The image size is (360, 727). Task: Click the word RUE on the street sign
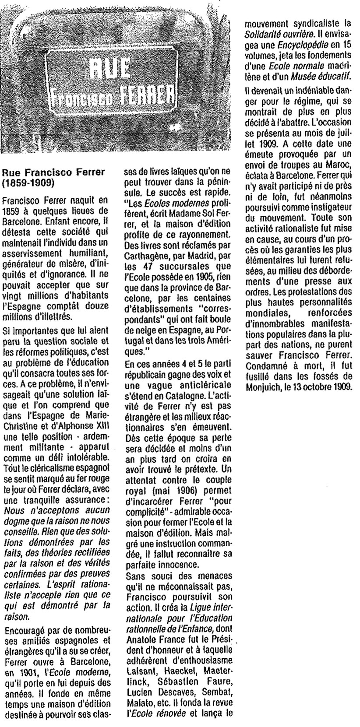point(112,68)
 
